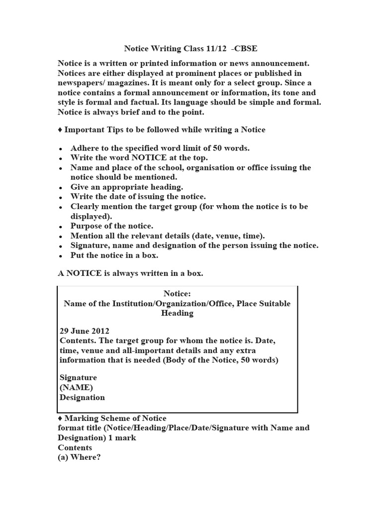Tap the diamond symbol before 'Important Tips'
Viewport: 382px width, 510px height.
click(x=60, y=129)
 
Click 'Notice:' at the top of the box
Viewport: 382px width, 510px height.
click(x=177, y=294)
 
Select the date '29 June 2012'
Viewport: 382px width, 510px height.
click(x=84, y=331)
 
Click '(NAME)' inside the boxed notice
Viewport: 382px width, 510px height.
click(x=76, y=387)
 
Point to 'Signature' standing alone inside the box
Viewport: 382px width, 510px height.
click(x=78, y=378)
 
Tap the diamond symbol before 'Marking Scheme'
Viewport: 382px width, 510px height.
click(x=60, y=418)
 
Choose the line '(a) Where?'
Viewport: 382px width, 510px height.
click(x=79, y=457)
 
